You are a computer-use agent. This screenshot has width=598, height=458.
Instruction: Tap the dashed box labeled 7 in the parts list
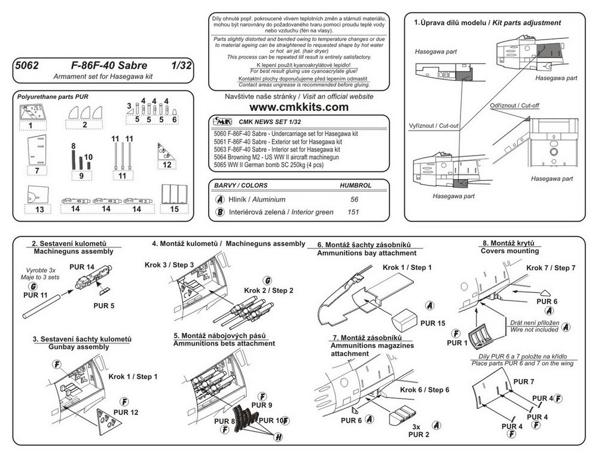click(x=37, y=171)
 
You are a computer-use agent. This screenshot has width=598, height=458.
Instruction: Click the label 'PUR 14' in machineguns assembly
click(x=82, y=266)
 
